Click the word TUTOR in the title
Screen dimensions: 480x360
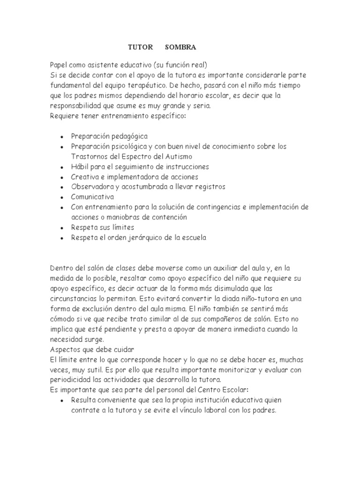(140, 47)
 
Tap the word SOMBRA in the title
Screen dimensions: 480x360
(180, 47)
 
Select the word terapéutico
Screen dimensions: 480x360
(154, 85)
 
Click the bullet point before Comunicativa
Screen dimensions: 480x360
(62, 197)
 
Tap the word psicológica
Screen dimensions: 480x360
(130, 146)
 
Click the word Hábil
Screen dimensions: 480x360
(80, 166)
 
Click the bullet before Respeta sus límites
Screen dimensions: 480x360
(62, 228)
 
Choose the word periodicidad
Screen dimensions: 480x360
(70, 379)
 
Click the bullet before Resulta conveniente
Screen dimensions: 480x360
(62, 400)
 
